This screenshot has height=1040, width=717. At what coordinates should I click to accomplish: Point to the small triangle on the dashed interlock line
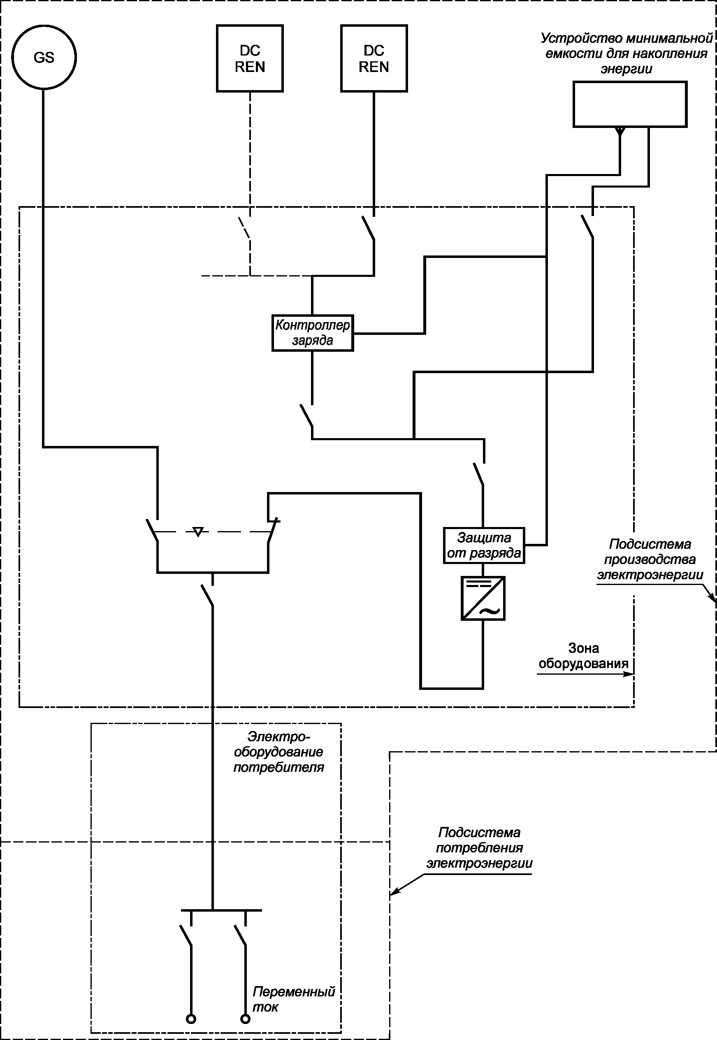click(198, 532)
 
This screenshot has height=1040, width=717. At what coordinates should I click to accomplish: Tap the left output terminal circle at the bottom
click(191, 1019)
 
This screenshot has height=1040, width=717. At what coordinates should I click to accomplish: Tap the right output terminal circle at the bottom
click(245, 1019)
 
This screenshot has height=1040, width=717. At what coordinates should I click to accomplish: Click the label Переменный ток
click(294, 999)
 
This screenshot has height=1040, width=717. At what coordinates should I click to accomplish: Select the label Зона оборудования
click(583, 655)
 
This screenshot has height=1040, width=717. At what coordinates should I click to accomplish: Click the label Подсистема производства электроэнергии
click(650, 559)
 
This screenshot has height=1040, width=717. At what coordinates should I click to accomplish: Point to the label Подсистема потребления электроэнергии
click(479, 848)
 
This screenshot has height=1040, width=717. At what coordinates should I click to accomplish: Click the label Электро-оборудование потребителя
click(278, 752)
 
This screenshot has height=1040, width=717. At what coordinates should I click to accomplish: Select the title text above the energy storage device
click(626, 53)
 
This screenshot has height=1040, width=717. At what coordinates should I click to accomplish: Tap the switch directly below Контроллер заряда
click(307, 416)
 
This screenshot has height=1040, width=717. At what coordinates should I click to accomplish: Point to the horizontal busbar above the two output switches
click(221, 910)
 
